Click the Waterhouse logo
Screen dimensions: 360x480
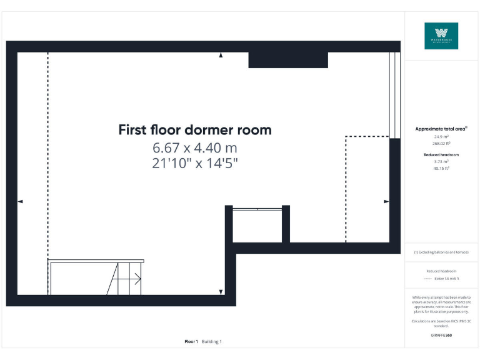pyautogui.click(x=441, y=36)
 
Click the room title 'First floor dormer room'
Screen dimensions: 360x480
pyautogui.click(x=195, y=130)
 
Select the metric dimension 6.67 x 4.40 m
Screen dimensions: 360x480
pyautogui.click(x=195, y=148)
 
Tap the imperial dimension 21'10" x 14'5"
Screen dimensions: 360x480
pyautogui.click(x=195, y=163)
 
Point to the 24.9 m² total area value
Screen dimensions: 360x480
pyautogui.click(x=441, y=136)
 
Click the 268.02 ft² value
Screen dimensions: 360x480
pyautogui.click(x=441, y=142)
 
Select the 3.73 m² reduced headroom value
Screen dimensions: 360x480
pyautogui.click(x=441, y=161)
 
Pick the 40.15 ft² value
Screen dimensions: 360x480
pyautogui.click(x=441, y=167)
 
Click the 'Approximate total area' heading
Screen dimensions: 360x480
pyautogui.click(x=441, y=129)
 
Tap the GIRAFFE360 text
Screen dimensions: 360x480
pyautogui.click(x=441, y=336)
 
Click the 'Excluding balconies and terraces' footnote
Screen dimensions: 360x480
pyautogui.click(x=441, y=252)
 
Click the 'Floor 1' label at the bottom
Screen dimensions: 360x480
pyautogui.click(x=191, y=342)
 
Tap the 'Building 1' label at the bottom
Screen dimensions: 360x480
pyautogui.click(x=211, y=342)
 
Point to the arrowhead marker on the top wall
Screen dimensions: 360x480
pyautogui.click(x=221, y=56)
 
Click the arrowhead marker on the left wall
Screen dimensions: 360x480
pyautogui.click(x=20, y=201)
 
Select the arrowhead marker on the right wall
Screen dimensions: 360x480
pyautogui.click(x=386, y=201)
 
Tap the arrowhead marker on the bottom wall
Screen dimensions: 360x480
pyautogui.click(x=221, y=292)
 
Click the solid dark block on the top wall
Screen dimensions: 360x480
pyautogui.click(x=288, y=60)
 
